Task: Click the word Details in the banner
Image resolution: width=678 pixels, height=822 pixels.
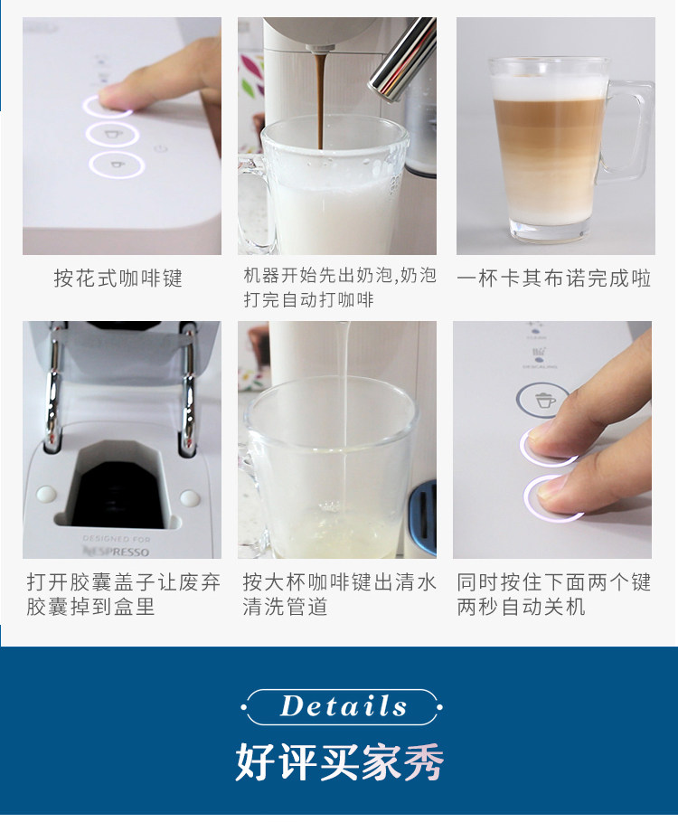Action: [x=344, y=706]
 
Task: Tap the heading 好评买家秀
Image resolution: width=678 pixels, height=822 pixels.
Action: [x=340, y=761]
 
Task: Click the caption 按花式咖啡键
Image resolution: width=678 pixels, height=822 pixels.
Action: [x=118, y=278]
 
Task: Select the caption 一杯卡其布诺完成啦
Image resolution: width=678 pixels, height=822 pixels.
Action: [x=554, y=278]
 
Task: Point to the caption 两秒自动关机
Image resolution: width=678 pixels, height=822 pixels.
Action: [x=521, y=607]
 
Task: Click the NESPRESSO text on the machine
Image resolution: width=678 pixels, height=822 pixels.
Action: [x=117, y=551]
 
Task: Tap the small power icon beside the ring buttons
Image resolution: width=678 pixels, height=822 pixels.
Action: [x=161, y=148]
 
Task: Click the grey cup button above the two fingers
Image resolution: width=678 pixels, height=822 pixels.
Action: [x=542, y=400]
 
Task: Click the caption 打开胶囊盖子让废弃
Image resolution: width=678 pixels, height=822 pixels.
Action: [x=124, y=581]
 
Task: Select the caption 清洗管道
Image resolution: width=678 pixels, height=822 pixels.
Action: [x=286, y=607]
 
